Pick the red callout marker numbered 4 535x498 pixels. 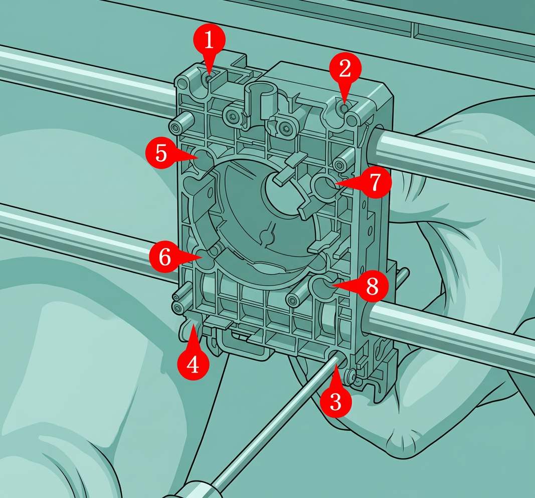[193, 363]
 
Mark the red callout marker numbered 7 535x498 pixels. [375, 182]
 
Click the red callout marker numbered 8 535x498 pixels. [372, 285]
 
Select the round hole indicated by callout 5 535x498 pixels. [204, 158]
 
